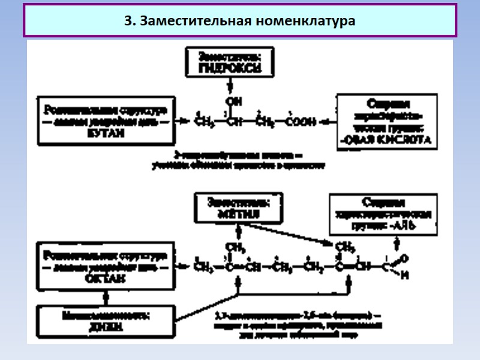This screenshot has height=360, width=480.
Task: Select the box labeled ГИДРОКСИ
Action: click(230, 63)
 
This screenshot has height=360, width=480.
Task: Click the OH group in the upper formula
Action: click(229, 100)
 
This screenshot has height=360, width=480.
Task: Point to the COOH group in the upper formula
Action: click(302, 122)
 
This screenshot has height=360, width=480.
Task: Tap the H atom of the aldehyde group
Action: click(405, 275)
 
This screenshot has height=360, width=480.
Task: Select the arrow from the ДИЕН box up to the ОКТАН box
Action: click(106, 296)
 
